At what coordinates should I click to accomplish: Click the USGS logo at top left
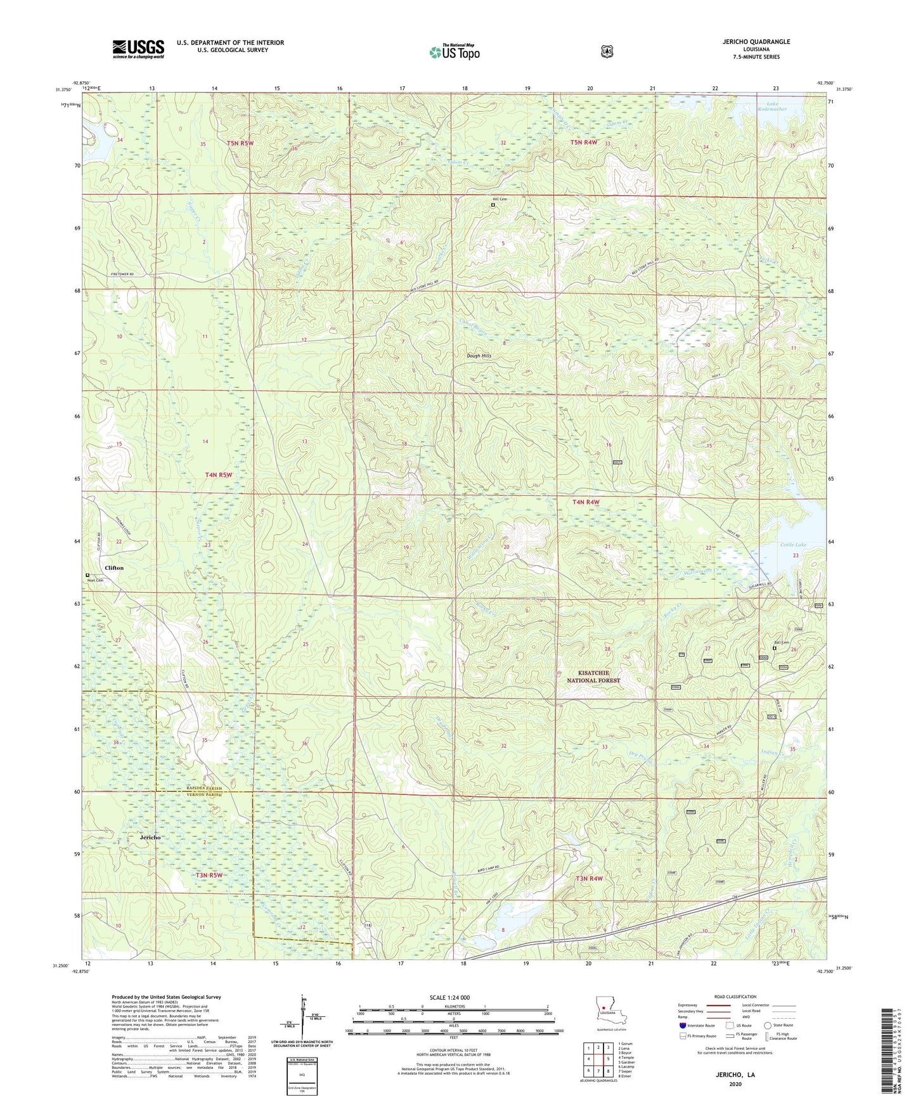point(138,49)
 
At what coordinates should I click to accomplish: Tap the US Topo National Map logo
point(453,51)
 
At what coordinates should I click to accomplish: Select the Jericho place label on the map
point(150,837)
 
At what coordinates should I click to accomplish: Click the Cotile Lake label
point(792,545)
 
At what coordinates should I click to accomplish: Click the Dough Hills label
point(479,356)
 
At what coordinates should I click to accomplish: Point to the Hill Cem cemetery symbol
point(493,205)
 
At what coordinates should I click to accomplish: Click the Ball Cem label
point(781,642)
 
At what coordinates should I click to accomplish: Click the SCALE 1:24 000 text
point(449,997)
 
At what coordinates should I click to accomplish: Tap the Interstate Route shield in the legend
point(682,1025)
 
